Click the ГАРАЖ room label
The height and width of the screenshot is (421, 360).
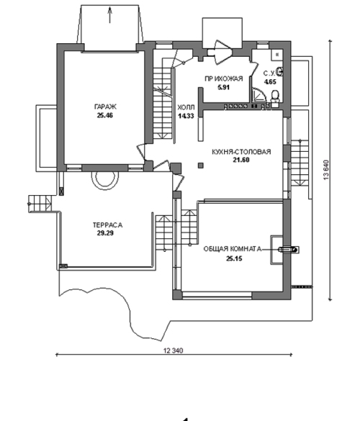[106, 107]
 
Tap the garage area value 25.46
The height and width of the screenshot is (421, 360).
[105, 116]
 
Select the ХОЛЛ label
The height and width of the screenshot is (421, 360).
[186, 108]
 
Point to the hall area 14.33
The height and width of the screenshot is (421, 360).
[186, 116]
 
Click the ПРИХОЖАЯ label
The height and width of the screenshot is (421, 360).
[224, 78]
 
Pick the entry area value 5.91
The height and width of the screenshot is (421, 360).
[223, 87]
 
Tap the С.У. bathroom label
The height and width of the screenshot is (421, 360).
[269, 73]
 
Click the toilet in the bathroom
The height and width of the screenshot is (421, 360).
[275, 96]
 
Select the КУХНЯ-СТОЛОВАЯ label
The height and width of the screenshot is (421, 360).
[241, 152]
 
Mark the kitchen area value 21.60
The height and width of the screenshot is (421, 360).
[241, 160]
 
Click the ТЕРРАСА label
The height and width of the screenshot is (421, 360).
[107, 225]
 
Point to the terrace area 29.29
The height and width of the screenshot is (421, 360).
[105, 233]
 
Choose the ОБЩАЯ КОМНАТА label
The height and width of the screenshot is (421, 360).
[233, 249]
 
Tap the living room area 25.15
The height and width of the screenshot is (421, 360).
[234, 258]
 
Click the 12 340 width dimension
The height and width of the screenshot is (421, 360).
[174, 350]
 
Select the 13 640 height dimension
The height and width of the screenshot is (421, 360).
[326, 170]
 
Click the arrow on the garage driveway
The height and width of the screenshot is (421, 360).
[109, 15]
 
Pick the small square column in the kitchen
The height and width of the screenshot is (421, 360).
[201, 166]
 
